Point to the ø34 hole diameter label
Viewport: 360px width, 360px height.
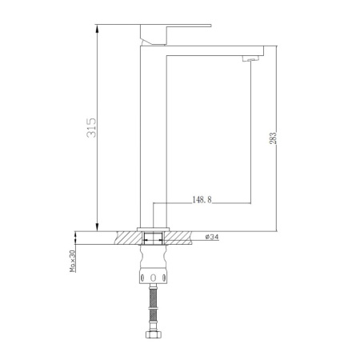point(214,237)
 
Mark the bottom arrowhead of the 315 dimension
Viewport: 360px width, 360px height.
point(98,226)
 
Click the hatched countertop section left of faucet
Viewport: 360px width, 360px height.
point(128,237)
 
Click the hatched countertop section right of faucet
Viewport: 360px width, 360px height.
point(181,237)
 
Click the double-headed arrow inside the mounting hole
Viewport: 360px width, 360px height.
point(154,237)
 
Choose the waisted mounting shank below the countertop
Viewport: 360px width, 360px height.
point(154,258)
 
